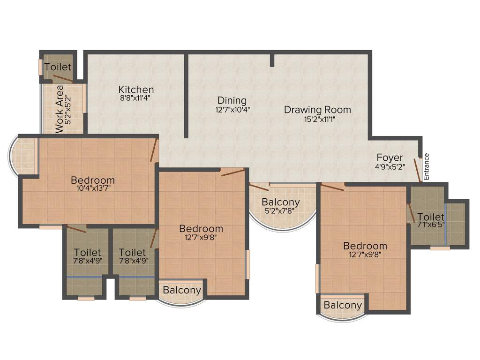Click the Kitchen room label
tap(136, 90)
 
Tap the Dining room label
tap(232, 101)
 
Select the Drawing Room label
tap(317, 110)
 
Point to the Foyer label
tap(390, 157)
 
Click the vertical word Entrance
tap(426, 166)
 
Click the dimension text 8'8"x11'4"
tap(136, 98)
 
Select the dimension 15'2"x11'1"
tap(319, 119)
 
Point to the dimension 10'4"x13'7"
tap(93, 188)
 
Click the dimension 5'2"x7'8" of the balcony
tap(281, 211)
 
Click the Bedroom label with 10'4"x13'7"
tap(93, 180)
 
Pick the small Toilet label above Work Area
tap(58, 67)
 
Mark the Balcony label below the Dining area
tap(281, 202)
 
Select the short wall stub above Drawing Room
tap(272, 60)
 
